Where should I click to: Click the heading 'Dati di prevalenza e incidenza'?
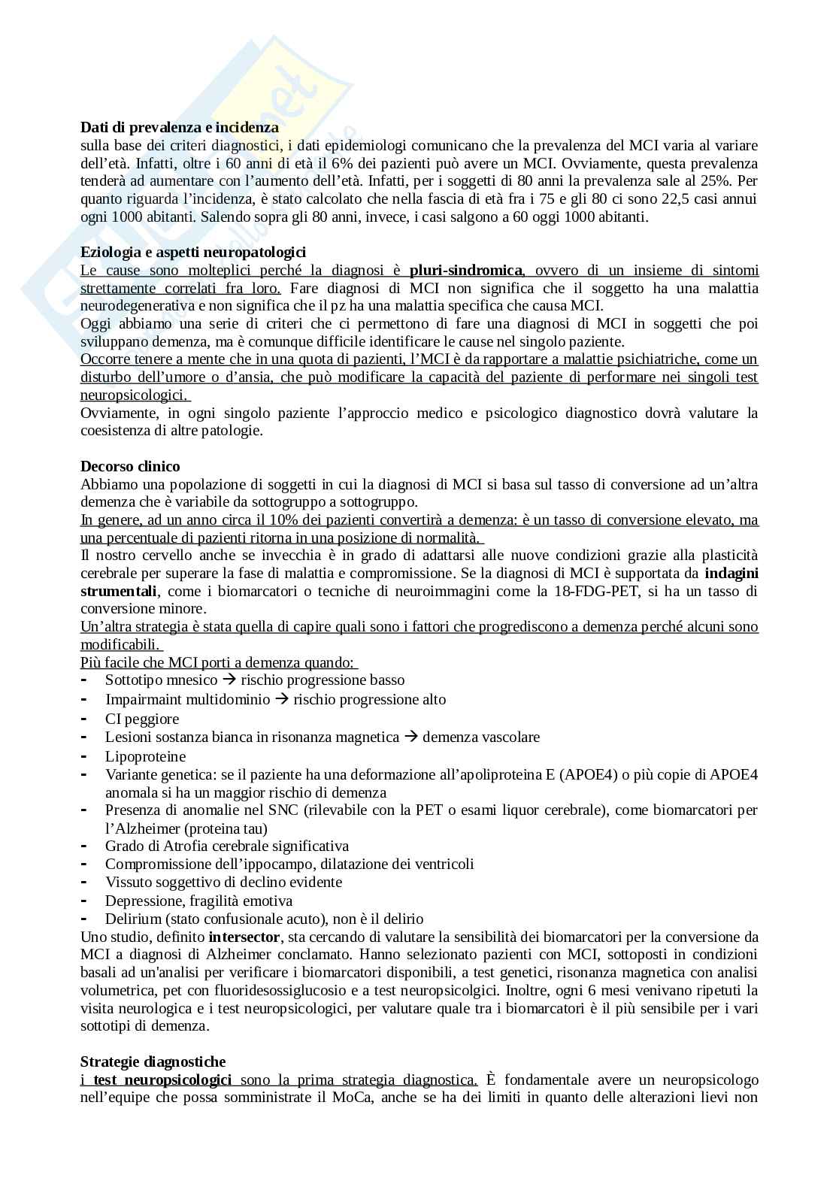(179, 128)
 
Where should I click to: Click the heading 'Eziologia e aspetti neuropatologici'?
(192, 253)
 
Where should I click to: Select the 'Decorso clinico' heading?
(130, 466)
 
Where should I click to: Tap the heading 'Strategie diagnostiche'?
(153, 1062)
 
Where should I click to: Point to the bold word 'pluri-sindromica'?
(465, 271)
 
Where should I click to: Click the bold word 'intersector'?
(244, 937)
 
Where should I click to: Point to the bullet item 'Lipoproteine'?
(145, 756)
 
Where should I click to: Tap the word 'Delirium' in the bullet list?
(133, 919)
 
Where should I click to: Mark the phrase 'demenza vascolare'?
(480, 737)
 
